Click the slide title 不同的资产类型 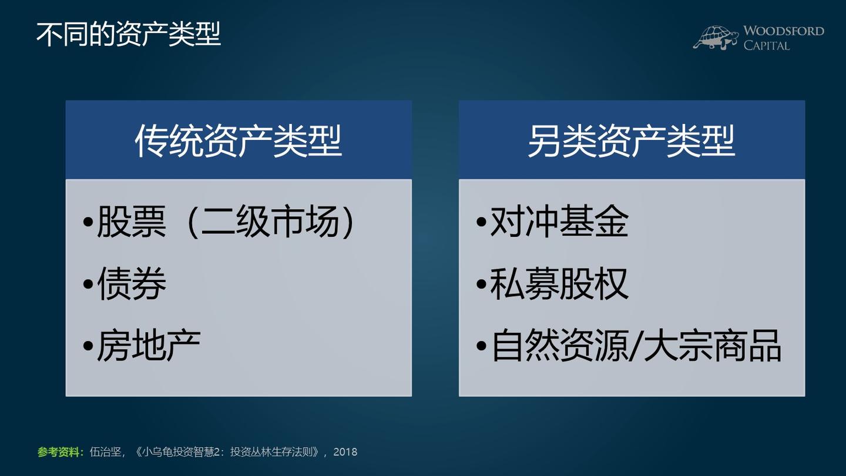pos(128,34)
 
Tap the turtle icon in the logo pos(716,38)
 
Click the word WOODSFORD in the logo pos(783,31)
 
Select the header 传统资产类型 pos(238,141)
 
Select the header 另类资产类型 pos(631,141)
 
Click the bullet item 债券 pos(132,284)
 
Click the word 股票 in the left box pos(132,222)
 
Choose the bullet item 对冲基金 pos(559,222)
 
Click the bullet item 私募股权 pos(559,284)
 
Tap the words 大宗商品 pos(712,346)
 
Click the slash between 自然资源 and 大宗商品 pos(635,346)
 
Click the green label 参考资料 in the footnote pos(61,452)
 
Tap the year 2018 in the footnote pos(345,452)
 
